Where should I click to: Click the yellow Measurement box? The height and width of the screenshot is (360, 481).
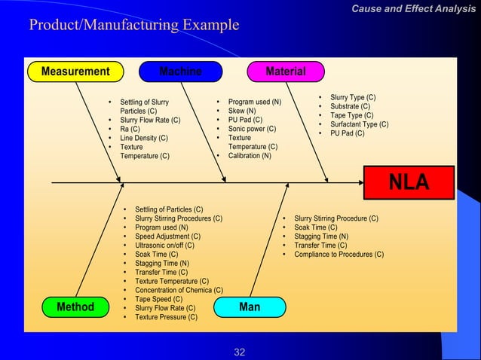coord(75,72)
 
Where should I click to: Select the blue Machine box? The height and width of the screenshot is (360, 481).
coord(180,72)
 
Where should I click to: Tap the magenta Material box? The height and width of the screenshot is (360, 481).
coord(286,72)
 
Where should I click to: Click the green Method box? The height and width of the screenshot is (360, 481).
coord(75,307)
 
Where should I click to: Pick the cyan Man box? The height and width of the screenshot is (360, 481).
coord(250,307)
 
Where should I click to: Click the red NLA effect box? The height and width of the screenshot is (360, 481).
coord(409,182)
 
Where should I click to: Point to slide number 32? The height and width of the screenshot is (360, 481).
coord(240,352)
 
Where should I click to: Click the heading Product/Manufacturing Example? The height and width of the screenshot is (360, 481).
coord(133,26)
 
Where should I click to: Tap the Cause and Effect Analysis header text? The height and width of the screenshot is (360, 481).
coord(414,8)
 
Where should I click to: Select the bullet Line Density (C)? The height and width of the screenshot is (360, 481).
coord(144,138)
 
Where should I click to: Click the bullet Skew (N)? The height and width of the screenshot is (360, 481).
coord(242,111)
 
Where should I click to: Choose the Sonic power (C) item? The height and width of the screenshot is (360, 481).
coord(252,129)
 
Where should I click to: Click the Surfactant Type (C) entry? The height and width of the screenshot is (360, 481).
coord(359,124)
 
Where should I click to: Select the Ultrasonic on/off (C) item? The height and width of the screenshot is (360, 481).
coord(164,245)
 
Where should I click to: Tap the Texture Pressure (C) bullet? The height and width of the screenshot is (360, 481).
coord(166,317)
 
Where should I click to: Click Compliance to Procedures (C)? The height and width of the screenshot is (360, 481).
coord(339,254)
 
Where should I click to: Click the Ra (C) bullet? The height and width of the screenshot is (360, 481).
coord(130,129)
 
